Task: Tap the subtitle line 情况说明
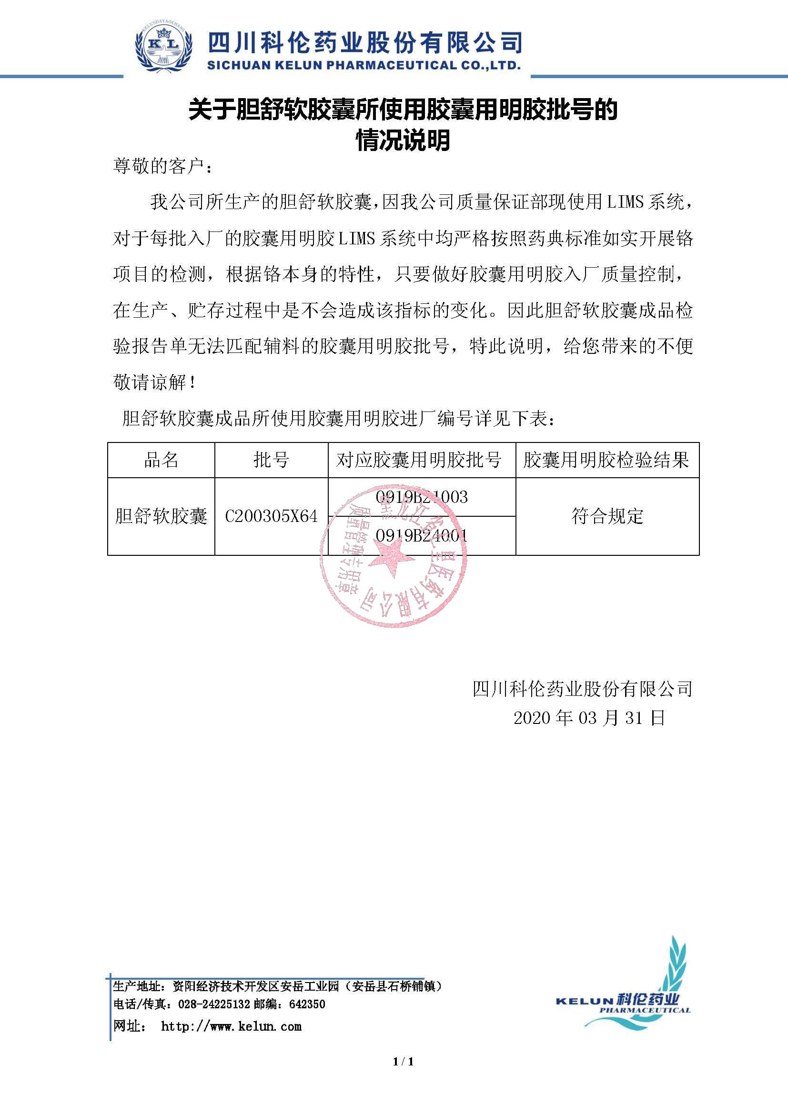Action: click(403, 140)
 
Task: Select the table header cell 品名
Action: click(161, 460)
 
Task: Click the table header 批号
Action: click(271, 460)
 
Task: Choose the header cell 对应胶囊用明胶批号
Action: click(418, 460)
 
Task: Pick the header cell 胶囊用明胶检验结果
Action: click(606, 460)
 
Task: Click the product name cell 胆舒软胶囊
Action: click(161, 516)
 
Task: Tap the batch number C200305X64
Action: click(271, 516)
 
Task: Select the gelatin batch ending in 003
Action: click(422, 497)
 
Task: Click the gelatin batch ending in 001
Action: click(422, 536)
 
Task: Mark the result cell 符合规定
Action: click(607, 516)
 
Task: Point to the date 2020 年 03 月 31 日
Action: click(589, 718)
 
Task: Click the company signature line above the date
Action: click(582, 689)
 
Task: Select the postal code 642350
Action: click(307, 1004)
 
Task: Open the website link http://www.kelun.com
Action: click(231, 1027)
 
